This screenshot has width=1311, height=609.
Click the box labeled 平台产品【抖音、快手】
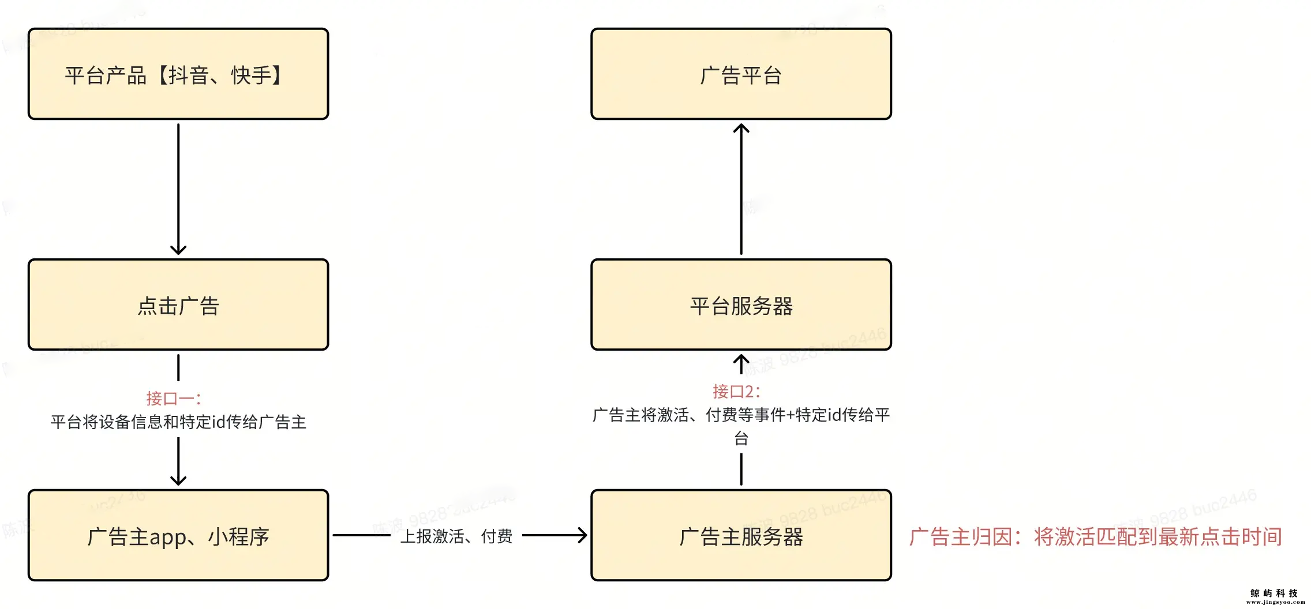click(178, 74)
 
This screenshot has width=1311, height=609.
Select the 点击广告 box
click(178, 304)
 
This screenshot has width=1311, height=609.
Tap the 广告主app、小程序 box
click(178, 535)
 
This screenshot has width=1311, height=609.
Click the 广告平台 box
click(741, 74)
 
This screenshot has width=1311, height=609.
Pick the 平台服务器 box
click(741, 304)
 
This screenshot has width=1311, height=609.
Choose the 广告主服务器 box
click(741, 535)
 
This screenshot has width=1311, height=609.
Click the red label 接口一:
click(173, 399)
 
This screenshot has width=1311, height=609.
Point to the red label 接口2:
click(736, 392)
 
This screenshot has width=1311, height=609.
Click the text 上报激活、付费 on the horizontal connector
click(456, 536)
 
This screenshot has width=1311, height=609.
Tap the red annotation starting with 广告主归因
click(1095, 537)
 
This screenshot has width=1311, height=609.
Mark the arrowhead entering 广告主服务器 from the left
click(583, 535)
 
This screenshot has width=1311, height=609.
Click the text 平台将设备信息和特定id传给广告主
click(178, 422)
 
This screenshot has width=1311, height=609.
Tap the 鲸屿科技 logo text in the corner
click(1273, 593)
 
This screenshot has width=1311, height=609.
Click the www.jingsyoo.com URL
click(1275, 602)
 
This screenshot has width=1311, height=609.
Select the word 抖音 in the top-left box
click(189, 76)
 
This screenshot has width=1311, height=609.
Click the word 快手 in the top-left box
click(251, 76)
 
